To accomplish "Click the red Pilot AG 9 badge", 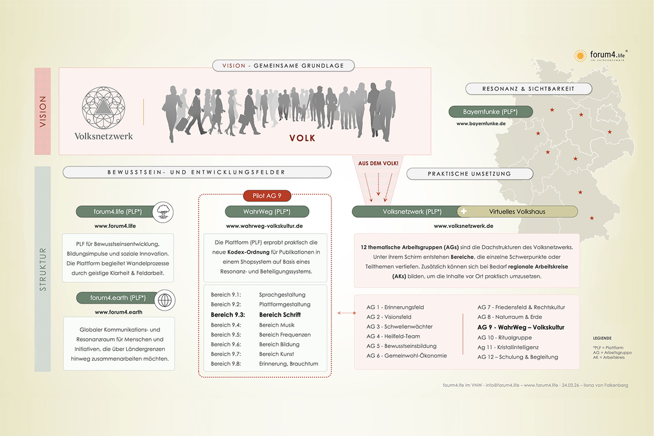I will tap(267, 196).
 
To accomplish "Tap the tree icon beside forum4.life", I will tap(163, 212).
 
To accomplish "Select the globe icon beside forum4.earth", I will tap(165, 300).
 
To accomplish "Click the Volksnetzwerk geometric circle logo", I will tap(103, 108).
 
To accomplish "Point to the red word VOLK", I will tap(302, 138).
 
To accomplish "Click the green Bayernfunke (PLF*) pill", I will tap(490, 112).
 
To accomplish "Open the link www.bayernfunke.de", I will tap(481, 124).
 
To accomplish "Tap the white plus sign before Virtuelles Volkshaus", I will tap(463, 212).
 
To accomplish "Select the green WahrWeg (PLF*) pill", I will tap(267, 212).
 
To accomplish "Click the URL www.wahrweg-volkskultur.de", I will tap(264, 226).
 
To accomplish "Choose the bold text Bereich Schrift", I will tap(280, 315).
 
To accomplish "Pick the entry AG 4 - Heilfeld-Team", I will tap(393, 336).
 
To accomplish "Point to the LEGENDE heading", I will tap(602, 338).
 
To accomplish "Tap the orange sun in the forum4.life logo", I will tap(580, 56).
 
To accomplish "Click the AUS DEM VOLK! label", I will tap(378, 163).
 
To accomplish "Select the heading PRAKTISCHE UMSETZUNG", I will tap(469, 174).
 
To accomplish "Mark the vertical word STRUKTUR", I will tap(43, 269).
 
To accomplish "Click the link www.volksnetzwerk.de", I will tap(463, 226).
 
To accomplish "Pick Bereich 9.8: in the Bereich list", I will tap(226, 364).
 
